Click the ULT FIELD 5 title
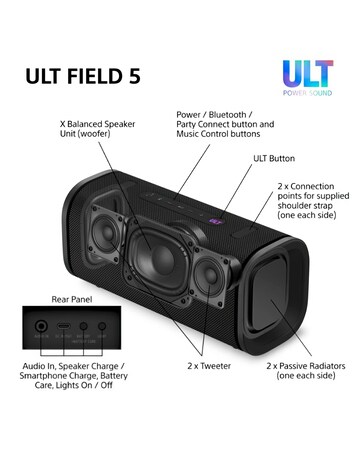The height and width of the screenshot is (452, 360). coord(85,74)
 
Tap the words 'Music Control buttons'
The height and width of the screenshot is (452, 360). coord(217,134)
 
